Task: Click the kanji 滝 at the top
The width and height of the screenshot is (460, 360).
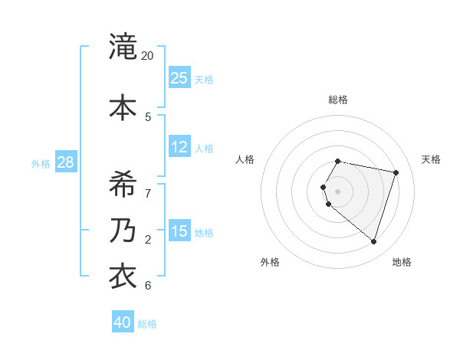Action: click(x=123, y=47)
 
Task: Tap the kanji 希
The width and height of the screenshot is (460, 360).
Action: click(x=123, y=184)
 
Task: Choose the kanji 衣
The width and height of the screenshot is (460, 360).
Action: click(x=123, y=276)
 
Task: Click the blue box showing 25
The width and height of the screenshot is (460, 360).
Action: click(x=179, y=77)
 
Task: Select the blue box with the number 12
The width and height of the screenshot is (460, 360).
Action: click(x=179, y=147)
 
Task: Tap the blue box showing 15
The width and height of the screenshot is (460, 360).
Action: click(x=179, y=231)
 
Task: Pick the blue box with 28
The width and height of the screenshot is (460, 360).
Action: click(x=65, y=162)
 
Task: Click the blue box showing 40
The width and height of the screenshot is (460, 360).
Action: click(x=123, y=322)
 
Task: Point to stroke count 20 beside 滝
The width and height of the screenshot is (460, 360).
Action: click(x=148, y=56)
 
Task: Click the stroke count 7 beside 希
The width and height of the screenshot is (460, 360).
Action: click(x=148, y=193)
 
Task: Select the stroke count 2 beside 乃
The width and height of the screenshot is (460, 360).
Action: click(x=148, y=240)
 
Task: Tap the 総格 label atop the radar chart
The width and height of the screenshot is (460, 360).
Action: click(x=338, y=100)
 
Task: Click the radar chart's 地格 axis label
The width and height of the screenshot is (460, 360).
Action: click(x=402, y=262)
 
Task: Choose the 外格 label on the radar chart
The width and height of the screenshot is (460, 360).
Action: click(x=270, y=262)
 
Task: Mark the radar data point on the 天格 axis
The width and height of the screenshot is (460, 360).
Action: click(x=396, y=173)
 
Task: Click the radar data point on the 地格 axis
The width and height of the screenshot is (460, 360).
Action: click(x=373, y=242)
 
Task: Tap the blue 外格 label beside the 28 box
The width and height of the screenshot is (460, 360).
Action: click(x=41, y=163)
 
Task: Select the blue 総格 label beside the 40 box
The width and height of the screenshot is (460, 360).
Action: click(x=147, y=324)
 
